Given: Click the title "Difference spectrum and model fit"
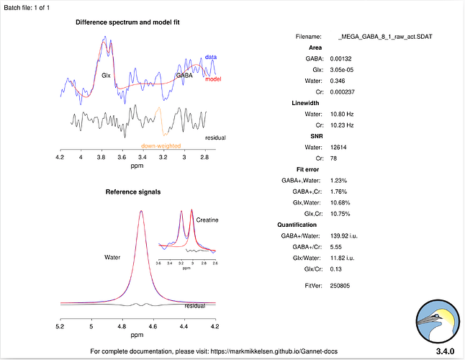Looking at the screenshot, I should pos(127,22).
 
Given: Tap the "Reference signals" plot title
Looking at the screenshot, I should pos(133,192).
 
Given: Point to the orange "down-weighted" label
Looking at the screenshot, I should pos(161,145).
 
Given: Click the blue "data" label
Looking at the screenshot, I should pos(211,57).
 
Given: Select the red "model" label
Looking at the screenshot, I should pos(213,78).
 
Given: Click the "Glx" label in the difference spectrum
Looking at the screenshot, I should pos(106,75).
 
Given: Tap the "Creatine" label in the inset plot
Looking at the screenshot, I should pos(207,220).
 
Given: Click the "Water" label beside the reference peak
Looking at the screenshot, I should pos(113,256).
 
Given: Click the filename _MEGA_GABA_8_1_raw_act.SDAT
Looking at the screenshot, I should pos(384,36).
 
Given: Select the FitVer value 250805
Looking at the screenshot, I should pos(349,286).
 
